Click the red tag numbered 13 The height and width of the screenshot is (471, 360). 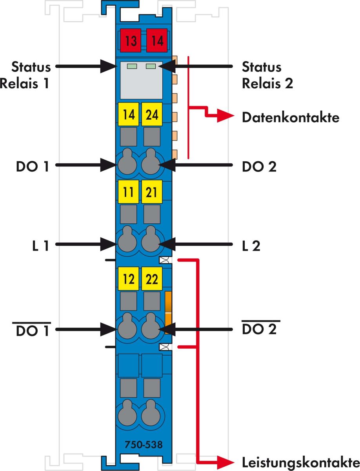point(131,40)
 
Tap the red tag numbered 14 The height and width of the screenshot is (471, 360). point(157,40)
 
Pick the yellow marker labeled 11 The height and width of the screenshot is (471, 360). point(128,192)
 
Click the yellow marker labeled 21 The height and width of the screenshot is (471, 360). point(152,192)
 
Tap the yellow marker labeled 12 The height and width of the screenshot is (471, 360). point(128,279)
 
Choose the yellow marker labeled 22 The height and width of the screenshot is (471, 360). point(152,279)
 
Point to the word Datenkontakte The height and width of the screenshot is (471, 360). point(291,117)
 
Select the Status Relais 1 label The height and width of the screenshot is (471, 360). point(25,75)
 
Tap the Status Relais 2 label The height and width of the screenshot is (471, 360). point(267,75)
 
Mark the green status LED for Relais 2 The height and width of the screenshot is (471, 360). point(151,66)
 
